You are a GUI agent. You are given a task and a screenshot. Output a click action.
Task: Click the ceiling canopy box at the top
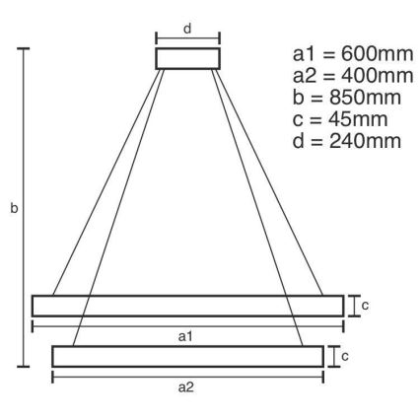pos(187,58)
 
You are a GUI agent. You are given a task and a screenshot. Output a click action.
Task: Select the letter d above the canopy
pos(187,26)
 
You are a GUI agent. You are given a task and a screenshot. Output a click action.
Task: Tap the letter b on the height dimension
pos(11,210)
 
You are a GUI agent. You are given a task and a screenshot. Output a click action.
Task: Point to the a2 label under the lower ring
pos(186,387)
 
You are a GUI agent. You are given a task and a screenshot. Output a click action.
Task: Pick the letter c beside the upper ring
pos(365,307)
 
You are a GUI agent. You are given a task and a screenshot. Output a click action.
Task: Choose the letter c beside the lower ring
pos(344,356)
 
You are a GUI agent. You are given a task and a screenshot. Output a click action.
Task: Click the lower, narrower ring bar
pos(187,356)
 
